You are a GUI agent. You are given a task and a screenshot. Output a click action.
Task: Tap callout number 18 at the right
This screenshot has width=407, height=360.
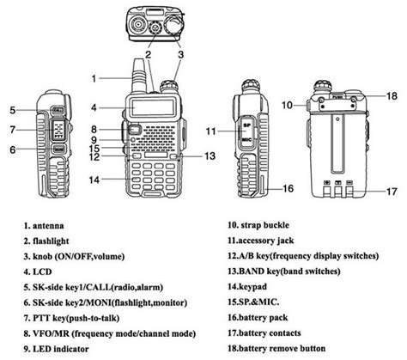click(392, 95)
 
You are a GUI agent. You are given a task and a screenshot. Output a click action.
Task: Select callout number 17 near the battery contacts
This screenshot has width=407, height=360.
click(392, 191)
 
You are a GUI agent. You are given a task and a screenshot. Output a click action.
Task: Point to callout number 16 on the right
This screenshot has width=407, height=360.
click(289, 188)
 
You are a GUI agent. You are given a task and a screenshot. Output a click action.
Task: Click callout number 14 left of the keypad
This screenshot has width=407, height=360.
click(95, 180)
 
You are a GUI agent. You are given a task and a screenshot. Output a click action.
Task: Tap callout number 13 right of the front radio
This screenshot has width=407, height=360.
click(210, 156)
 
